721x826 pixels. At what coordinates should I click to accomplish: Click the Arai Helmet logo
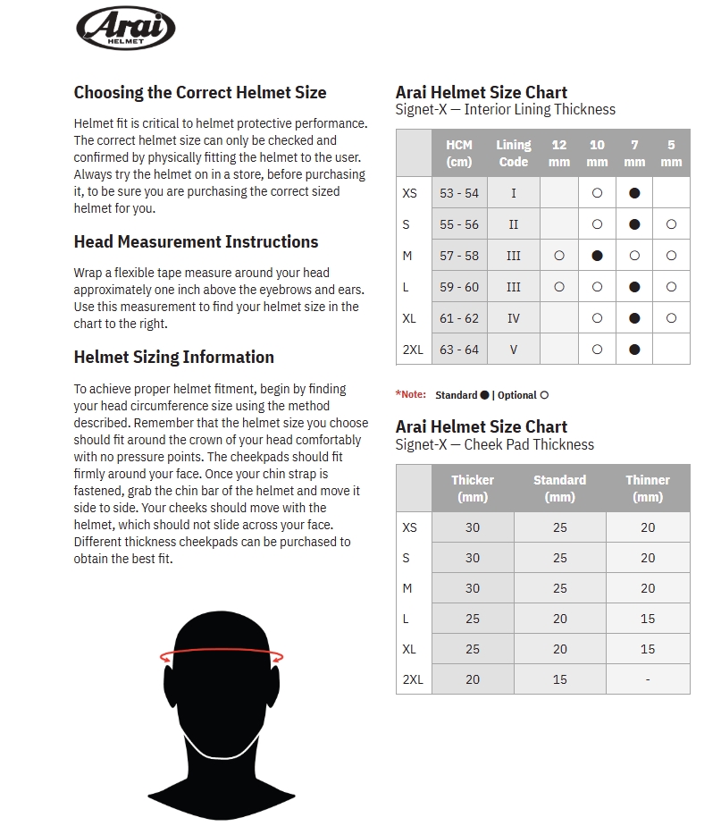coord(125,28)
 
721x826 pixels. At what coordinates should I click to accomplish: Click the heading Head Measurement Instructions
coord(196,241)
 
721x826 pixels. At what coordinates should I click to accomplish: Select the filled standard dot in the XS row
coord(634,193)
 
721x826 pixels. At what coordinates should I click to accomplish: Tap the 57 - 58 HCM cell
coord(459,256)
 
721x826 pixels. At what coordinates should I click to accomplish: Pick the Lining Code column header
coord(514,153)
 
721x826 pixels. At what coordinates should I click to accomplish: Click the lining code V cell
coord(514,350)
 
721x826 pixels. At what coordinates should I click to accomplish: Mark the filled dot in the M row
coord(597,256)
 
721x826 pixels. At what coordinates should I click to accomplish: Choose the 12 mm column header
coord(559,153)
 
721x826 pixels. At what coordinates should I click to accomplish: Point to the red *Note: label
coord(411,394)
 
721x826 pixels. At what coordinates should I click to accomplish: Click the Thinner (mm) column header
coord(648,488)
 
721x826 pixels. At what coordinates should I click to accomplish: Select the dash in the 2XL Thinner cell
coord(648,679)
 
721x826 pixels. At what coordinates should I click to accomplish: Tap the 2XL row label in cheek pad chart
coord(413,679)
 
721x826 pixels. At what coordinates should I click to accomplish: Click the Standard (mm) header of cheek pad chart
coord(559,488)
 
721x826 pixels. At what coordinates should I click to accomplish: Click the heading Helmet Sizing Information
coord(173,357)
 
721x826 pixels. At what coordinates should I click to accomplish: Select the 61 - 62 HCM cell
coord(459,318)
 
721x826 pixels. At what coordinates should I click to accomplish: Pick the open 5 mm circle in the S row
coord(671,224)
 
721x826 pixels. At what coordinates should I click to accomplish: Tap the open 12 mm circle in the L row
coord(559,287)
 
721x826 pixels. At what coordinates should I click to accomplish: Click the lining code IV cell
coord(514,318)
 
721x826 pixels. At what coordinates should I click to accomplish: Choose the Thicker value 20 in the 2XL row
coord(473,679)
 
